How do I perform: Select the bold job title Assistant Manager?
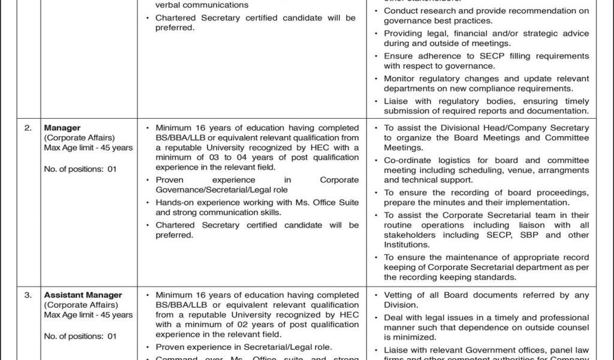tap(83, 295)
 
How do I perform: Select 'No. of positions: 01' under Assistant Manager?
tap(80, 337)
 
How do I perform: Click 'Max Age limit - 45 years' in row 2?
tap(89, 148)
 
